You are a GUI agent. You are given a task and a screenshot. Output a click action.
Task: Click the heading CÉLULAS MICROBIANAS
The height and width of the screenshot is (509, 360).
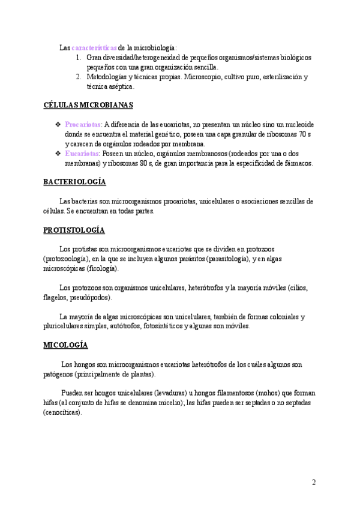click(88, 105)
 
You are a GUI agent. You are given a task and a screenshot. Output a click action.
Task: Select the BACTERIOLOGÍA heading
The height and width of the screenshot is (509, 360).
click(75, 182)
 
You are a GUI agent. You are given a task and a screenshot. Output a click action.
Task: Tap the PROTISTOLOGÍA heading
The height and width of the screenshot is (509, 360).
click(74, 230)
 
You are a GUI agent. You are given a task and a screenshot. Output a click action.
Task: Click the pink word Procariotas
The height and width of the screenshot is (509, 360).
click(83, 124)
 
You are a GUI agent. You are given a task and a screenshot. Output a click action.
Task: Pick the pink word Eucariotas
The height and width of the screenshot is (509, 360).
click(82, 153)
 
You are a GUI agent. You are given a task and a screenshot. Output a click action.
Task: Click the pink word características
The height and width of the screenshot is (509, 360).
click(95, 47)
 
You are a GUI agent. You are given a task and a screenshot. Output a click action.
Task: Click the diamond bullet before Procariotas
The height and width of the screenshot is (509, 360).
click(58, 124)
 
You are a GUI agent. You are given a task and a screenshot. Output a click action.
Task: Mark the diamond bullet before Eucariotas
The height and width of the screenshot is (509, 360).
click(58, 153)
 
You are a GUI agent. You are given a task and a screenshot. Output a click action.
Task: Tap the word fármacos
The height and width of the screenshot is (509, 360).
click(298, 163)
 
